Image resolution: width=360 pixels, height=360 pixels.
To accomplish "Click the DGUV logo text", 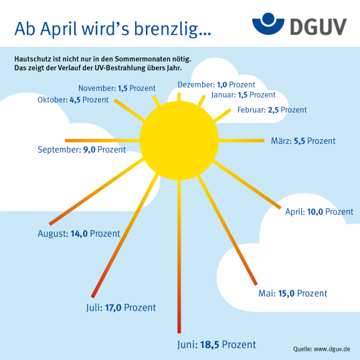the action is click(x=319, y=27).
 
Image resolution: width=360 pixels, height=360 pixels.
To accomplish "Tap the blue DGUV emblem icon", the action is click(x=268, y=24).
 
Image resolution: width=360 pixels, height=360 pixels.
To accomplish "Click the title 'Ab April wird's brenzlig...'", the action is click(x=112, y=29).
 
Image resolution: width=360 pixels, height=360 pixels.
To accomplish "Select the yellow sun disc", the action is click(x=179, y=141).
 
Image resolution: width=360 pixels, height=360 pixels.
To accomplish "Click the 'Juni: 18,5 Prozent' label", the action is click(x=217, y=345).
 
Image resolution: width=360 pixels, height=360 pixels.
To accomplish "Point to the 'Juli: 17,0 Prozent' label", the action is click(x=121, y=308).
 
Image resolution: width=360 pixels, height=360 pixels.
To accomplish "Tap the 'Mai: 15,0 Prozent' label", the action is click(x=292, y=293).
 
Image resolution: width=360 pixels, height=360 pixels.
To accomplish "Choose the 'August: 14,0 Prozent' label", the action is click(x=79, y=234).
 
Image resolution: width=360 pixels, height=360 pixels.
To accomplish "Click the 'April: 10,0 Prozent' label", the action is click(x=319, y=211).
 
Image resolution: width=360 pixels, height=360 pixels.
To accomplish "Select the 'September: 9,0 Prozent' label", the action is click(x=82, y=149).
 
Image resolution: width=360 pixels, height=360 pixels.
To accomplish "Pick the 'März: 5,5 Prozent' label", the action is click(x=303, y=141).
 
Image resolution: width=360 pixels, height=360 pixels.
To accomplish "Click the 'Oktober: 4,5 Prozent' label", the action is click(x=73, y=100).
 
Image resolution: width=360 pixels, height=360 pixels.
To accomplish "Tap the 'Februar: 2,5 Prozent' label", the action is click(x=272, y=110).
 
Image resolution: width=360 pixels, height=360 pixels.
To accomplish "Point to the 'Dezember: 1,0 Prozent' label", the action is click(x=216, y=85).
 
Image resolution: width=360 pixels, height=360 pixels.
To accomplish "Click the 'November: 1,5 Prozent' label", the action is click(x=117, y=88).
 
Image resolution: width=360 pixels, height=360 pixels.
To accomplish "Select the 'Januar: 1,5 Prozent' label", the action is click(x=244, y=95).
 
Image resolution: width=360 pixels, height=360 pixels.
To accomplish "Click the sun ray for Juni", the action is click(x=179, y=256).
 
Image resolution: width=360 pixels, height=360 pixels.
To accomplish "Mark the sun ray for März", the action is click(x=242, y=141).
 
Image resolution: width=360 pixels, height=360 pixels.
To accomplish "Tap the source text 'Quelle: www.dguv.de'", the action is click(x=321, y=349).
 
